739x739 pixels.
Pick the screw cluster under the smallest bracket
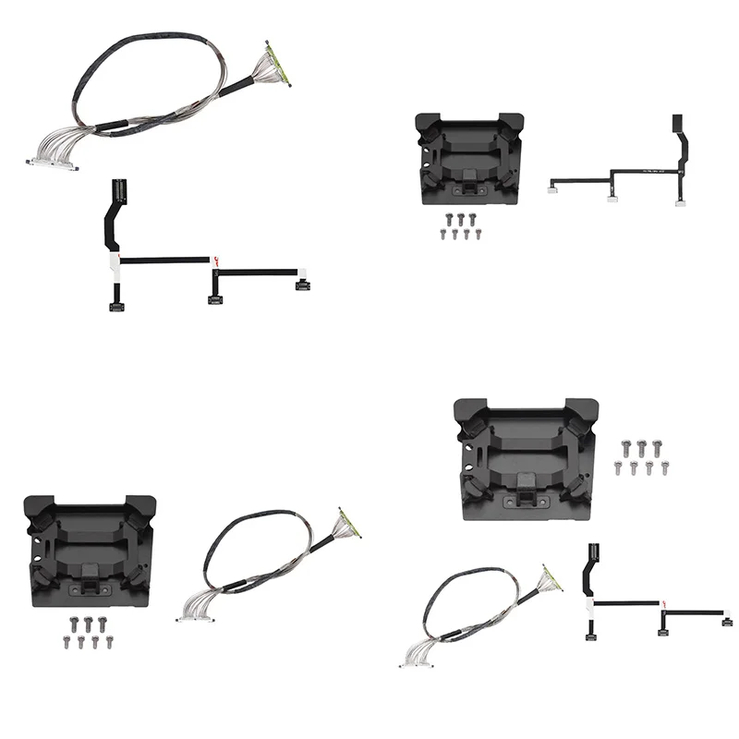457,225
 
